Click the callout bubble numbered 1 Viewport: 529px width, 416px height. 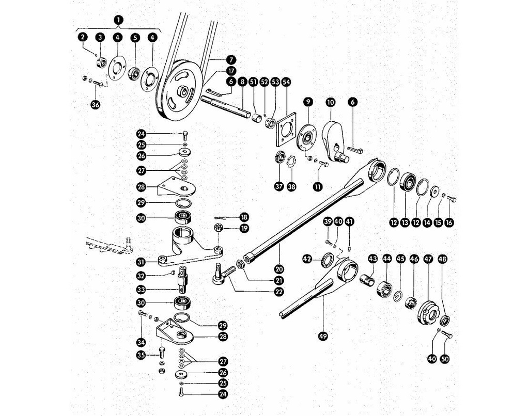[118, 20]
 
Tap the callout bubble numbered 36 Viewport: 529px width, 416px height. [96, 104]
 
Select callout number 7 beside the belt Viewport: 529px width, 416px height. [231, 60]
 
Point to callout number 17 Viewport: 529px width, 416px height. [231, 71]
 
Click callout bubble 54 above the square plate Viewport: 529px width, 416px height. [286, 82]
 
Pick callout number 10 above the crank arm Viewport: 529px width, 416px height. [330, 102]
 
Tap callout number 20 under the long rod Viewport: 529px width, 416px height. [279, 269]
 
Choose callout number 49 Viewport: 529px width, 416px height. [323, 336]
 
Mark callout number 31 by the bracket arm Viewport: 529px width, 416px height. [141, 262]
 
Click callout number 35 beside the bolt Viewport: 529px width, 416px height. [141, 355]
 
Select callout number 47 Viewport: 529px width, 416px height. [428, 259]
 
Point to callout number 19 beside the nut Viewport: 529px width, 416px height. [244, 228]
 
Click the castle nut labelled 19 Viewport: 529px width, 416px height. [218, 228]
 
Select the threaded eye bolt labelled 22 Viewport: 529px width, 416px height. [224, 274]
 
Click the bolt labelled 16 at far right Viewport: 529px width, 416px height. [452, 200]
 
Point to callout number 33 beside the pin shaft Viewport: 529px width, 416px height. [141, 290]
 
